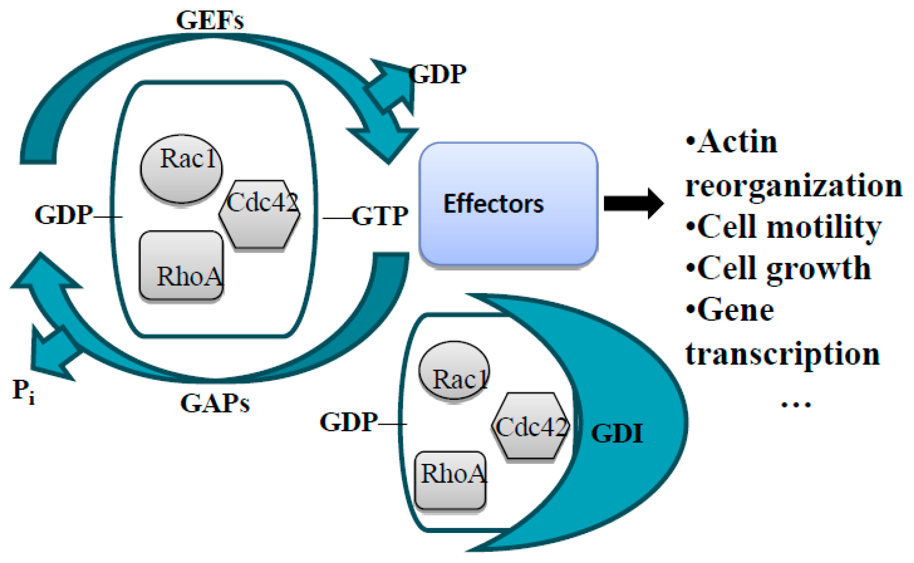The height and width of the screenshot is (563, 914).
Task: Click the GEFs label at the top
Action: coord(210,20)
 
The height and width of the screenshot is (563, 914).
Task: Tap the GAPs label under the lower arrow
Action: coord(215,403)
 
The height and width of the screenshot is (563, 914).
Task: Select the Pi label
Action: coord(23,391)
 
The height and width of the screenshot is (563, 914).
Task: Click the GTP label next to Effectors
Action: coord(380,216)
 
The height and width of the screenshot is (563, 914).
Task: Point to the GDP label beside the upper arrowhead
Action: coord(438,75)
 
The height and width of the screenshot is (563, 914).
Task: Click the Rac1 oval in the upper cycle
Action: coord(181,169)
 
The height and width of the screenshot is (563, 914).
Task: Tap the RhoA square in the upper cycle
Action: coord(181,266)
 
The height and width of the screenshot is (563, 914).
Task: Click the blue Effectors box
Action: coord(508,204)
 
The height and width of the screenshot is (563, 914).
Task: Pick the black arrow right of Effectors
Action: coord(633,203)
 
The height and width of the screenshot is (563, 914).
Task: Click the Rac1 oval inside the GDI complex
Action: coord(454,370)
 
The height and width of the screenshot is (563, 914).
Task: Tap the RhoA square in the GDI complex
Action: coord(451,480)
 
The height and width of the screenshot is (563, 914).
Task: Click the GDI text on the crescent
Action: coord(617,433)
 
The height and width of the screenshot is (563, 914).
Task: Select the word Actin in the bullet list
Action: coord(737,142)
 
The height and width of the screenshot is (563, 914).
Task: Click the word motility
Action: coord(824,227)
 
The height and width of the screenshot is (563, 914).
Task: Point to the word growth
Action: coord(819,269)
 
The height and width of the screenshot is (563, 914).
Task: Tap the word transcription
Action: coord(782,354)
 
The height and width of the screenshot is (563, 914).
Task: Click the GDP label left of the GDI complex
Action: coord(349,422)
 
